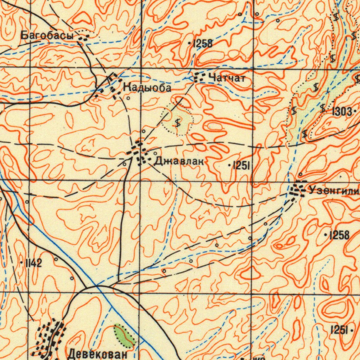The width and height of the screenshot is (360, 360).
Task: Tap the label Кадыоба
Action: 147,88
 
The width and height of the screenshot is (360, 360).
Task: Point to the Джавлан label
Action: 179,161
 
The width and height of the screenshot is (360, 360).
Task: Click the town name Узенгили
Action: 334,191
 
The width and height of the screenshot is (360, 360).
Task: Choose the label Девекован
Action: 97,354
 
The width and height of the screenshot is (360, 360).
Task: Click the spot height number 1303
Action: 341,112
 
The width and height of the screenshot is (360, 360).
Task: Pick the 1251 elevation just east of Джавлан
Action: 241,166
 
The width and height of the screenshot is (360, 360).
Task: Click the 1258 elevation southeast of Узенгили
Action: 339,235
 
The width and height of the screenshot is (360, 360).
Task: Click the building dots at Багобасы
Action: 83,37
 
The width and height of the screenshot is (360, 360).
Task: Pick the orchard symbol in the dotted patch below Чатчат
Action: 178,123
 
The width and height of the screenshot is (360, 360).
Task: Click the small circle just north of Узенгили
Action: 301,174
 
